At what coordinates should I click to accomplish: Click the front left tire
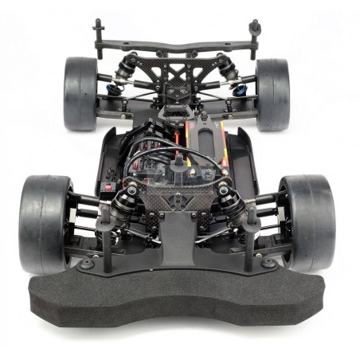tap(44, 224)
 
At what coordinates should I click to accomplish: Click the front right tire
tap(308, 222)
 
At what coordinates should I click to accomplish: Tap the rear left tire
tap(80, 93)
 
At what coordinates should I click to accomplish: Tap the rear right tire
tap(272, 93)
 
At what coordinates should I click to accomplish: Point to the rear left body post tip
tap(99, 25)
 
